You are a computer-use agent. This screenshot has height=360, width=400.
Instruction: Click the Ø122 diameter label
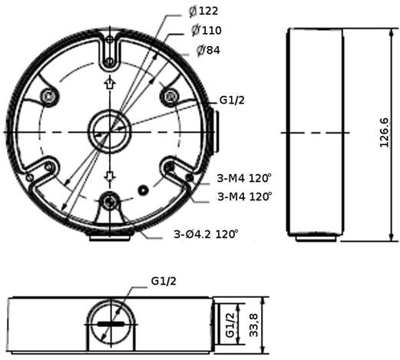pos(203,12)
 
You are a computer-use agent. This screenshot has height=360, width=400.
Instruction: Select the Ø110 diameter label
pos(207,31)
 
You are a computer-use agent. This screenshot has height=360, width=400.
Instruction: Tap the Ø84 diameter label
pos(208,50)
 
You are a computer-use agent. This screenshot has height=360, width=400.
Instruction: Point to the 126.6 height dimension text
pos(384,133)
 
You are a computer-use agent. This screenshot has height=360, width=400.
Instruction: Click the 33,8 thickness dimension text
pos(253,325)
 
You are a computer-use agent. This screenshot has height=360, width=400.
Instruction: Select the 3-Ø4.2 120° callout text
pos(206,234)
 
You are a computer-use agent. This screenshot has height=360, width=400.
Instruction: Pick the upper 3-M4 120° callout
pos(244,178)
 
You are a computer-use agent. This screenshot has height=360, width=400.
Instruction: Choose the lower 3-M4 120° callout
pos(245,197)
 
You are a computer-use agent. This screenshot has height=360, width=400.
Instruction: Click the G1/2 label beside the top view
pos(232,101)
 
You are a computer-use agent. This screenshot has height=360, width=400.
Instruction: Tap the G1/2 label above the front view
pos(164,281)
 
